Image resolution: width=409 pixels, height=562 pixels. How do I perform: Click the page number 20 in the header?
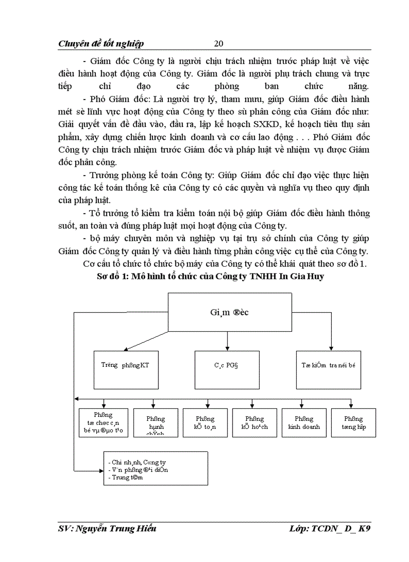[218, 43]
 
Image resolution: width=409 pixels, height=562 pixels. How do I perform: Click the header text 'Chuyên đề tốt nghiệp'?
[101, 44]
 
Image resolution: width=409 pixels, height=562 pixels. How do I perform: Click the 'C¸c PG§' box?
[227, 370]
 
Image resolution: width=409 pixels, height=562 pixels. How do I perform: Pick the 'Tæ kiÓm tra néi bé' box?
[331, 370]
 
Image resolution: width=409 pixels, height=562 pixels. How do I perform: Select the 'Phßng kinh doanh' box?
[304, 423]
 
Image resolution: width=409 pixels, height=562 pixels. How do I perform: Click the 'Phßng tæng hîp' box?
[353, 423]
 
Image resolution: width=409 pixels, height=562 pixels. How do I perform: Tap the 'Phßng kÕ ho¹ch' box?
[255, 423]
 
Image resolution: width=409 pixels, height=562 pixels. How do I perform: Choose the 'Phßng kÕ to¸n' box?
[205, 423]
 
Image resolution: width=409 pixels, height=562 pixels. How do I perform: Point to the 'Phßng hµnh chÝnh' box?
[156, 423]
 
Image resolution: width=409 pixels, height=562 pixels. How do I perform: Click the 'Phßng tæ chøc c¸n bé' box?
[103, 423]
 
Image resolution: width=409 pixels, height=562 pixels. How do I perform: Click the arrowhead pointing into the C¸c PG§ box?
[228, 348]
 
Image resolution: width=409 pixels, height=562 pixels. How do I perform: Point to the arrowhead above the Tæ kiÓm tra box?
[331, 348]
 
